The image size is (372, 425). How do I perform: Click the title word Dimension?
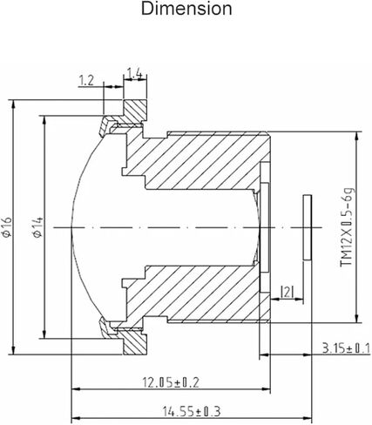(186, 9)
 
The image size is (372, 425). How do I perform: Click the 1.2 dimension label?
(86, 80)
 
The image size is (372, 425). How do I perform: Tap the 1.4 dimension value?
(135, 73)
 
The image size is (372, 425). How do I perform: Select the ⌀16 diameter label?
(7, 226)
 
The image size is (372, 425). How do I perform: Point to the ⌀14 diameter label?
(38, 227)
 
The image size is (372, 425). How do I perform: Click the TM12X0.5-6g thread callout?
(348, 227)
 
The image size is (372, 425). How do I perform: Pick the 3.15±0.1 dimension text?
(346, 347)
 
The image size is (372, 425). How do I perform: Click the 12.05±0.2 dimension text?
(171, 382)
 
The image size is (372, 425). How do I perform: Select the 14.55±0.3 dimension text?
(192, 411)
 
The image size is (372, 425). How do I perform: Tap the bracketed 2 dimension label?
(287, 292)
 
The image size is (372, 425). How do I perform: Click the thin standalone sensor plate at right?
(307, 227)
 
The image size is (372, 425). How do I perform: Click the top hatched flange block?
(135, 111)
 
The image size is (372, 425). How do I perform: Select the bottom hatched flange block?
(135, 342)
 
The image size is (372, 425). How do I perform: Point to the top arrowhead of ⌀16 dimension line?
(13, 104)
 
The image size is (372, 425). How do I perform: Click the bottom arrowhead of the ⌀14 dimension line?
(44, 334)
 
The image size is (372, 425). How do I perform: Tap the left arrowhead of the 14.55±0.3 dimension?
(76, 418)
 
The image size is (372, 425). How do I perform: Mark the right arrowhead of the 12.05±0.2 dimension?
(267, 389)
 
